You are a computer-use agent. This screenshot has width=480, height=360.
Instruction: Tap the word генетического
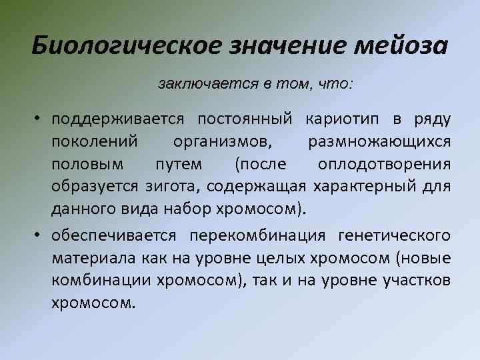click(x=394, y=235)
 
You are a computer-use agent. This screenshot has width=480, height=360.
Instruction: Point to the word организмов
click(x=223, y=142)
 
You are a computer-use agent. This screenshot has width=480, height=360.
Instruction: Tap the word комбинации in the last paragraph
click(x=100, y=280)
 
